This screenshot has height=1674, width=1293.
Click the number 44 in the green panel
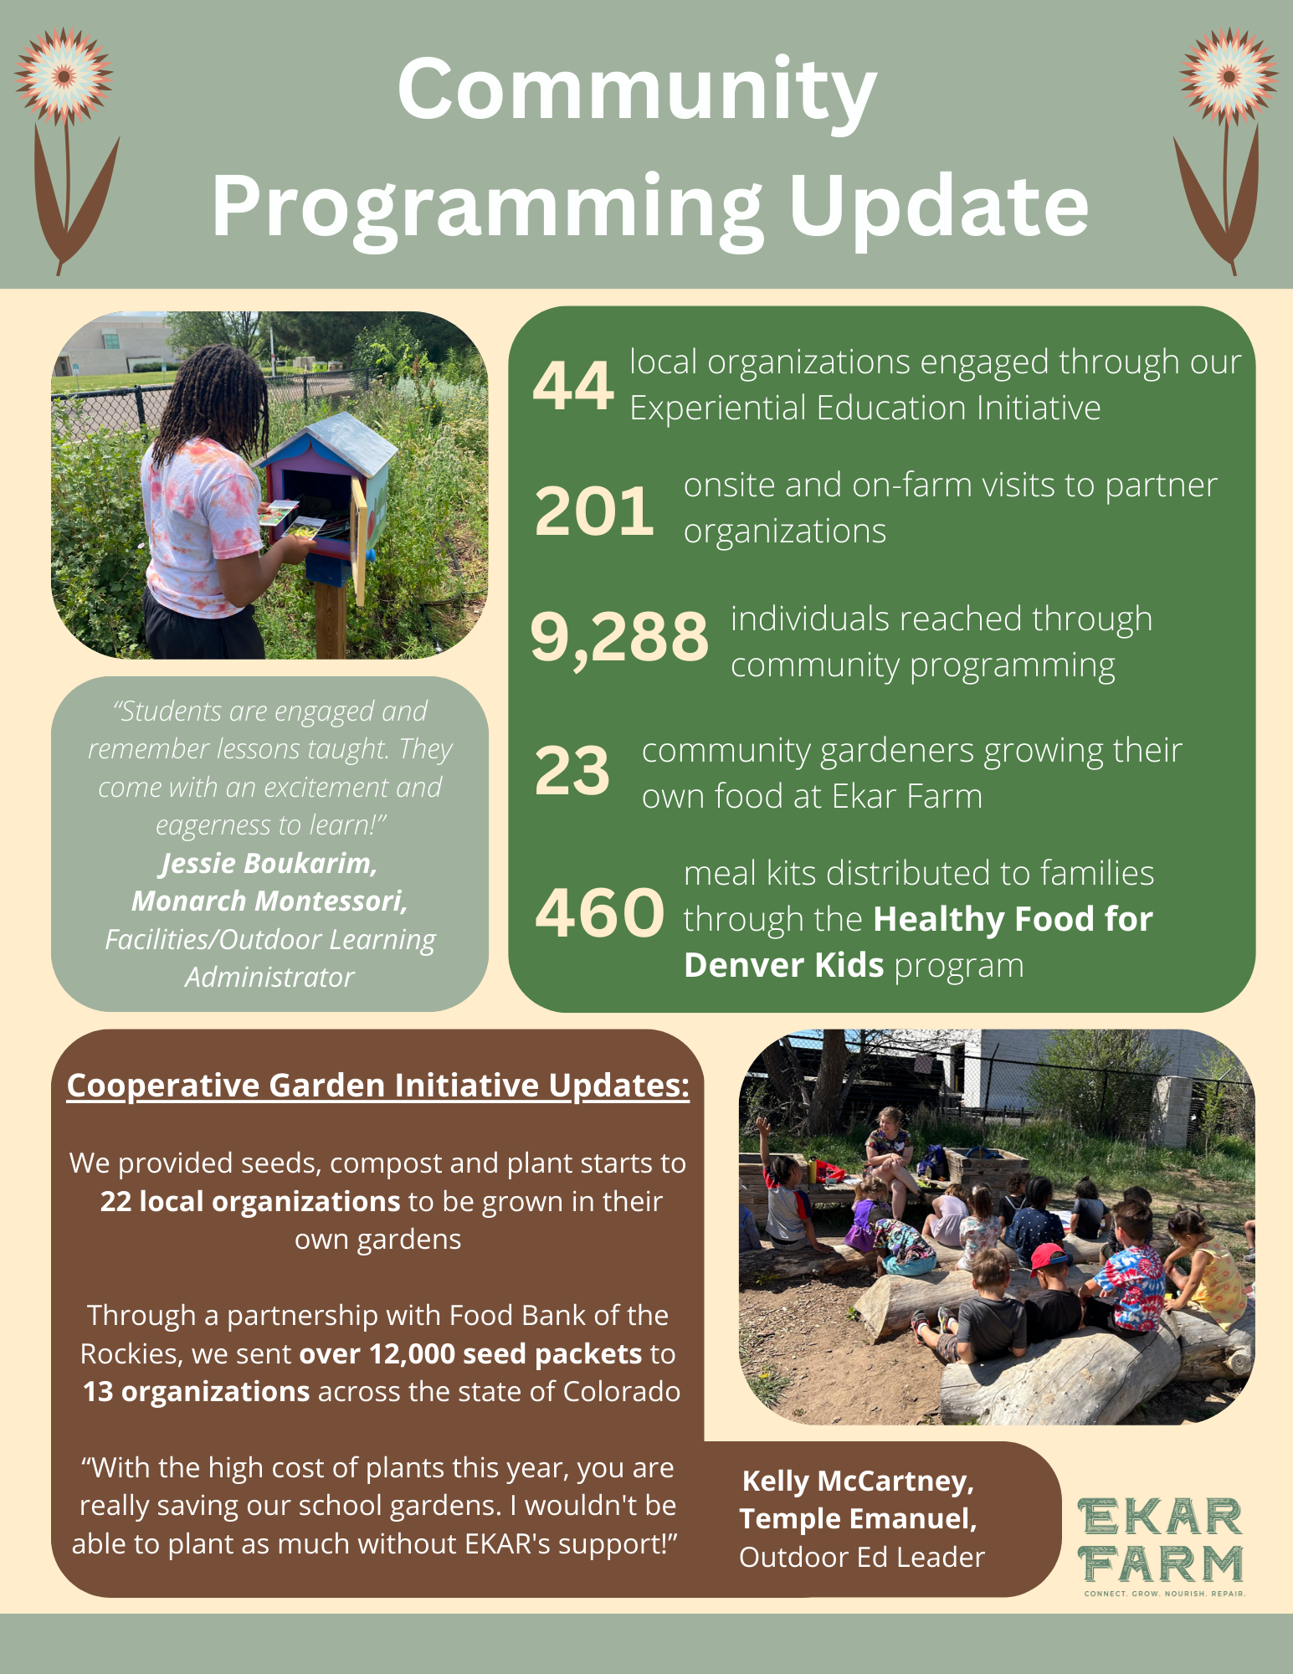click(573, 386)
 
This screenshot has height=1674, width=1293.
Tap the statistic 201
click(594, 511)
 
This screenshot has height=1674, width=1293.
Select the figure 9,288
click(619, 637)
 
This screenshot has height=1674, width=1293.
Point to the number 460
click(599, 912)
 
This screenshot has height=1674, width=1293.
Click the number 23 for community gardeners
click(572, 771)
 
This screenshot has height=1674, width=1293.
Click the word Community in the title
click(637, 90)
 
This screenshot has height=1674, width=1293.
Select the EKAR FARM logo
click(1160, 1545)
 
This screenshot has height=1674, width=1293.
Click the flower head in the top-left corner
click(64, 76)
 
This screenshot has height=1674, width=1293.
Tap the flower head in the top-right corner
click(1229, 76)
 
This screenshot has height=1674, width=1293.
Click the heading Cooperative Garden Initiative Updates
click(377, 1085)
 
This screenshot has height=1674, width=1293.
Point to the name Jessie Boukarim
click(269, 863)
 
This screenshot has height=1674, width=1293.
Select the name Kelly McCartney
click(858, 1481)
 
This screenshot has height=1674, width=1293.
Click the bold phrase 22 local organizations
click(250, 1201)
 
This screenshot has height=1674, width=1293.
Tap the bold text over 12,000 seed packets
click(470, 1353)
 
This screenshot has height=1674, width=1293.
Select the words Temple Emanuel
click(858, 1518)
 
